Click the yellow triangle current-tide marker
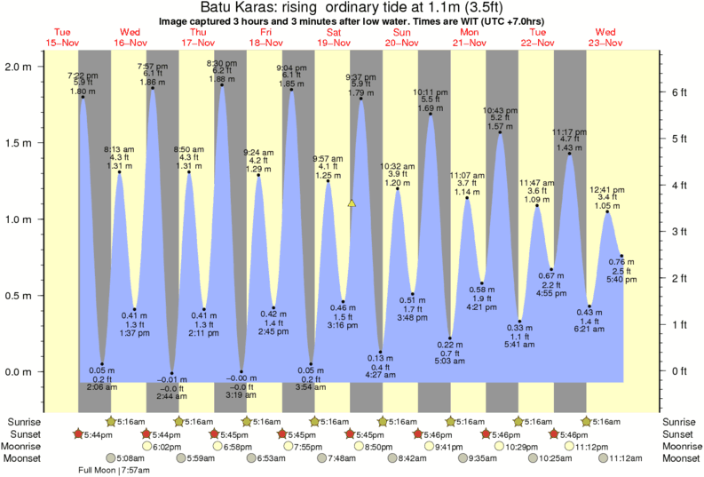coord(352,203)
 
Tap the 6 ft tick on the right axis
coord(678,91)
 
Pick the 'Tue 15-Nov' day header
coord(62,37)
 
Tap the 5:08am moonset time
coord(131,458)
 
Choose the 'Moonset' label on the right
coord(682,458)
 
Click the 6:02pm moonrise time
coord(162,447)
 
